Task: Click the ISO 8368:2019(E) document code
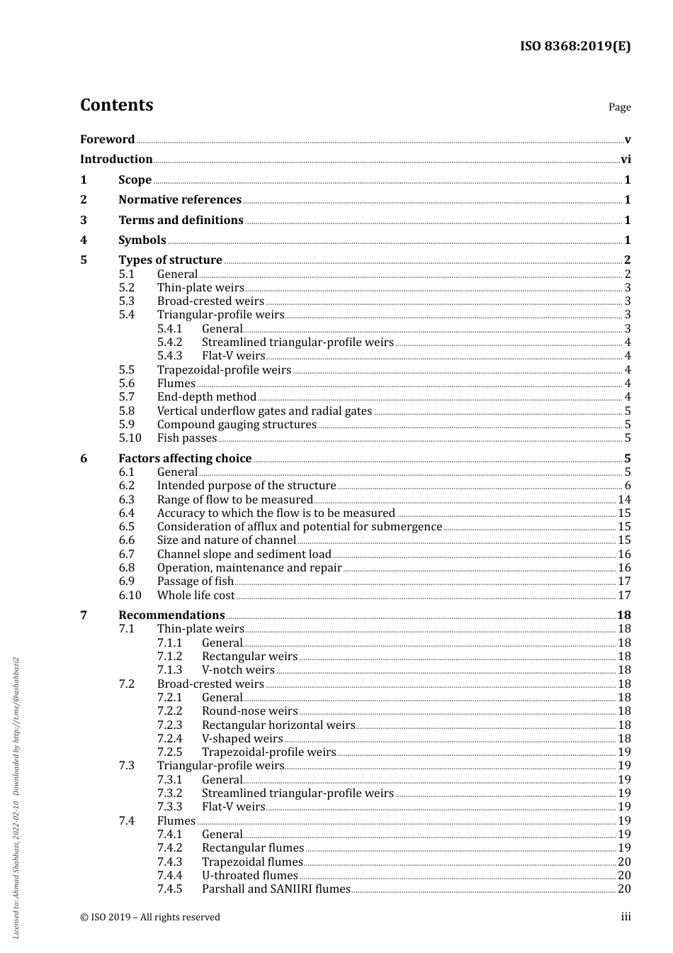[575, 47]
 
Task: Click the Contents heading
[116, 105]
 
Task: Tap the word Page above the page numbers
[619, 107]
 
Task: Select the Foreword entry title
[107, 140]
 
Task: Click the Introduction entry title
[116, 160]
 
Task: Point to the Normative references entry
[180, 200]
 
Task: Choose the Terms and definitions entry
[181, 221]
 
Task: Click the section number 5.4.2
[169, 342]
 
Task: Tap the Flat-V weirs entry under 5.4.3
[233, 356]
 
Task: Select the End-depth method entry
[206, 397]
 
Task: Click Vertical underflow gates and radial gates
[264, 411]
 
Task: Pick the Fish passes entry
[186, 438]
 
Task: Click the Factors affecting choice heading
[185, 459]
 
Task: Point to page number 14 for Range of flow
[624, 500]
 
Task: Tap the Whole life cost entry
[196, 596]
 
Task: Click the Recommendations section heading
[171, 615]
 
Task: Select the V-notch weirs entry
[238, 670]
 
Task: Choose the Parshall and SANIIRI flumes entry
[276, 889]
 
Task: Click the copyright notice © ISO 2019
[149, 918]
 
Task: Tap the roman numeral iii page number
[626, 917]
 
